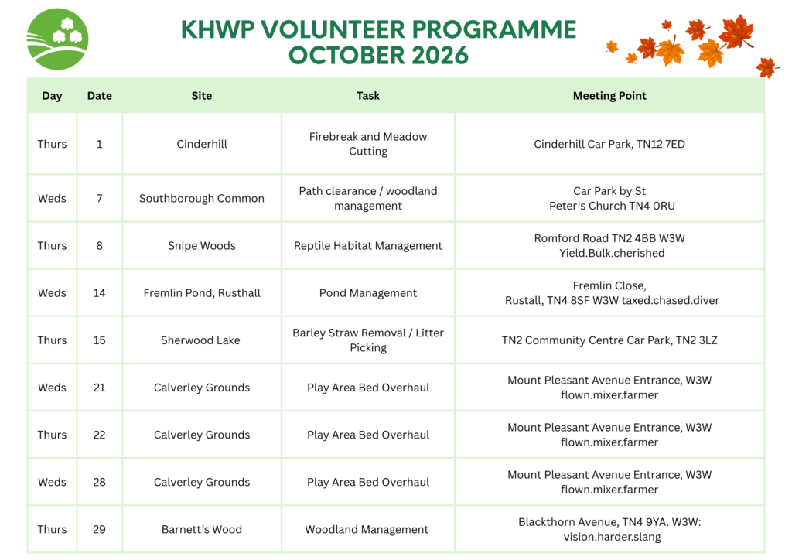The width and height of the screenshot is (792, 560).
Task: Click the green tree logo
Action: [57, 39]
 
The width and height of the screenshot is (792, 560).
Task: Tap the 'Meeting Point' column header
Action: [609, 95]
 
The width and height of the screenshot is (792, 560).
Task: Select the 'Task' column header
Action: [367, 95]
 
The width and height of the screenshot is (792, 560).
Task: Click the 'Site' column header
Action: [202, 95]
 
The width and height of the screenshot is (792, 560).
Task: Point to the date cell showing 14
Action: [99, 293]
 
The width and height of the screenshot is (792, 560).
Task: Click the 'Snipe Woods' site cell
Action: [202, 245]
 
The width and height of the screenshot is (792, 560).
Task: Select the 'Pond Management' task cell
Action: [367, 293]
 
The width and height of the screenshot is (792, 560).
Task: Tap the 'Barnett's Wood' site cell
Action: [202, 529]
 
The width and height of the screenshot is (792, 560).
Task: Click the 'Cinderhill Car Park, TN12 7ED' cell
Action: [609, 144]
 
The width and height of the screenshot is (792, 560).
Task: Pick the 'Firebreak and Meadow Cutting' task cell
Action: [367, 144]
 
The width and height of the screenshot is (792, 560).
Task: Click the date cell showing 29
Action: [99, 529]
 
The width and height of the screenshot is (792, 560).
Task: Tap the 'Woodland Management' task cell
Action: [367, 529]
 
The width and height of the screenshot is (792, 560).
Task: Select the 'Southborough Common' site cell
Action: [202, 199]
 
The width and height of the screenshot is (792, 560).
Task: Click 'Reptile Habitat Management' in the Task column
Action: [367, 245]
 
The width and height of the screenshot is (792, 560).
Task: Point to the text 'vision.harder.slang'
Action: [612, 537]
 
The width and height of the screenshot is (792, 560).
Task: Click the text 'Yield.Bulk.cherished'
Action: [612, 253]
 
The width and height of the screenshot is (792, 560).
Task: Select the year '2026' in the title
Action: [440, 55]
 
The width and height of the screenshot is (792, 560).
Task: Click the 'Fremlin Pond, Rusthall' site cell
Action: [202, 293]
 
